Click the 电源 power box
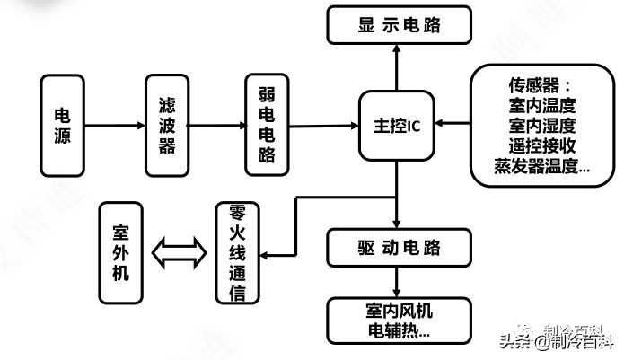[x=63, y=127]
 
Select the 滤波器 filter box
[x=167, y=127]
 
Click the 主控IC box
[x=396, y=126]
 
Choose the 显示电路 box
[x=400, y=25]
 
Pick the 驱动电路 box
[x=400, y=246]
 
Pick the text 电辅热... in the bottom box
[x=400, y=329]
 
